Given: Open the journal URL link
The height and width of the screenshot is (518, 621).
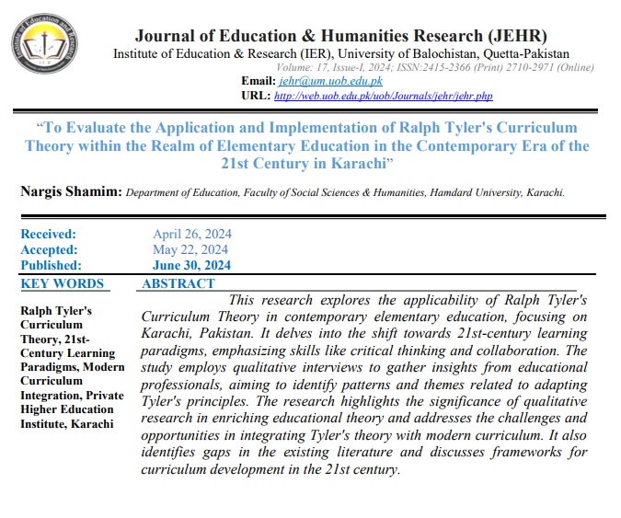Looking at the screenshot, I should pyautogui.click(x=383, y=95).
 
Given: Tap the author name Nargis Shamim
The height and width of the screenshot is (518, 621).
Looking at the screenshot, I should pyautogui.click(x=68, y=192).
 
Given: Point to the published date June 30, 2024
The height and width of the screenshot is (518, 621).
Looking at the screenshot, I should pyautogui.click(x=191, y=265).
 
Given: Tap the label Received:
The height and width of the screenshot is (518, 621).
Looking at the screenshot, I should pyautogui.click(x=48, y=235).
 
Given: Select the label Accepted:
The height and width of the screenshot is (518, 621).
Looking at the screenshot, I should pyautogui.click(x=49, y=249).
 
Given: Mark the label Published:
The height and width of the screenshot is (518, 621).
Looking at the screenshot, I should pyautogui.click(x=51, y=265).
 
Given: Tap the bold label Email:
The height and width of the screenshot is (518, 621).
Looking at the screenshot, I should pyautogui.click(x=256, y=81).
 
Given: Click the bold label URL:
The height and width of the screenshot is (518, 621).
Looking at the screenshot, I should pyautogui.click(x=255, y=95).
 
